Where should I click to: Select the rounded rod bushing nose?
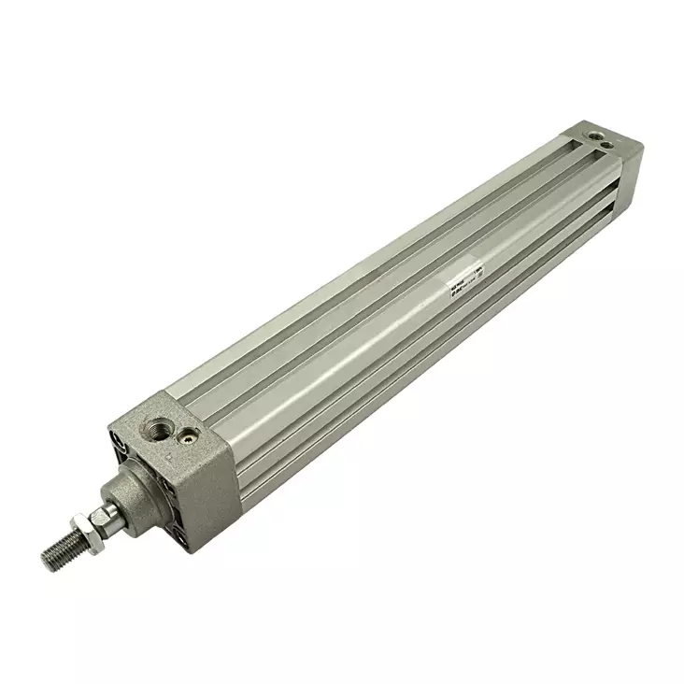(123, 500)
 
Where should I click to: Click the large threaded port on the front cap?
(156, 428)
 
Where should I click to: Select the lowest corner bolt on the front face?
(178, 537)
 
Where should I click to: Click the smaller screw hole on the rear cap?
(608, 147)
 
